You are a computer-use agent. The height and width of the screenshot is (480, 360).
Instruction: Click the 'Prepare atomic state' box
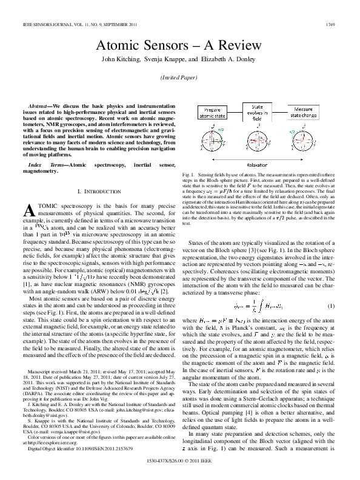[x=212, y=112]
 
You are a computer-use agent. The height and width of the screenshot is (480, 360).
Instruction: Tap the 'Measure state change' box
[x=308, y=112]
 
